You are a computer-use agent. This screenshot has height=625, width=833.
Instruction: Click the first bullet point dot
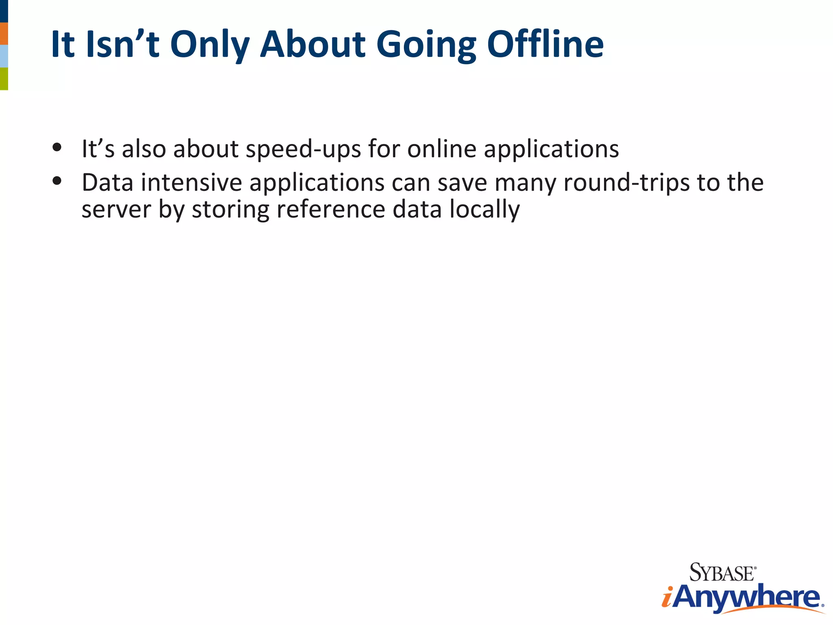click(x=57, y=147)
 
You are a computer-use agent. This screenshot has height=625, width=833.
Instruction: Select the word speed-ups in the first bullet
click(x=303, y=149)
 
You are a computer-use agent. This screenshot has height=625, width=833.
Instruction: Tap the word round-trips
click(x=626, y=183)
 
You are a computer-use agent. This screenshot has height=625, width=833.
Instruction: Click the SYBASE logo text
click(x=722, y=573)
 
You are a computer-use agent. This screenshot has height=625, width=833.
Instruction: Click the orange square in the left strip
click(x=4, y=33)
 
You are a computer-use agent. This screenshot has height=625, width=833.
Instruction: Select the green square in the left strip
click(x=4, y=79)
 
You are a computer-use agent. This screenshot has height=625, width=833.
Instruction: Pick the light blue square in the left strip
click(x=4, y=56)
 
